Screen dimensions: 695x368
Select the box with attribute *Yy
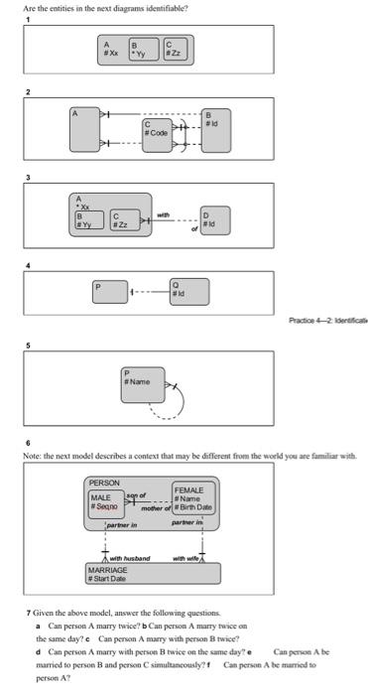point(145,49)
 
